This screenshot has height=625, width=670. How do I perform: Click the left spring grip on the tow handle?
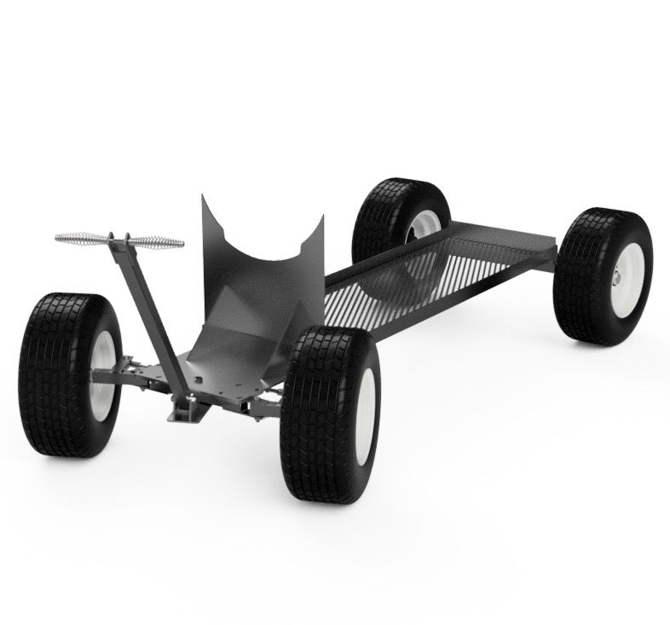click(x=82, y=236)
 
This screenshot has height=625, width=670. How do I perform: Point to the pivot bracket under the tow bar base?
click(x=188, y=412)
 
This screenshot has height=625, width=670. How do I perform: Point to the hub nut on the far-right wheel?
click(x=615, y=277)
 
